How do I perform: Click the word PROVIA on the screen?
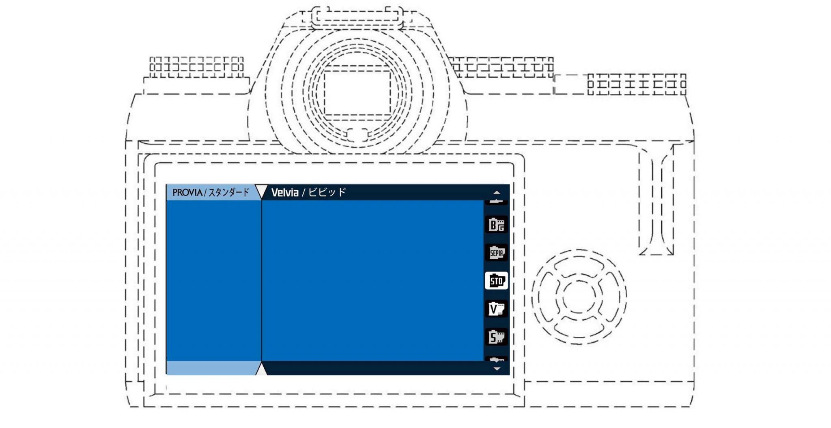pyautogui.click(x=187, y=192)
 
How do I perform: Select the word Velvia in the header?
pyautogui.click(x=285, y=192)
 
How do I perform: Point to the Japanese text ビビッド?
pyautogui.click(x=327, y=192)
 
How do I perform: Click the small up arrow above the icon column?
pyautogui.click(x=497, y=192)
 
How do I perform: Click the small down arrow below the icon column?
pyautogui.click(x=497, y=369)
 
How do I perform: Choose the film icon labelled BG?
pyautogui.click(x=496, y=225)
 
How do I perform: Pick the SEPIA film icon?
pyautogui.click(x=496, y=253)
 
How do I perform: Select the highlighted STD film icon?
pyautogui.click(x=496, y=281)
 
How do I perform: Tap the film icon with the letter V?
pyautogui.click(x=496, y=309)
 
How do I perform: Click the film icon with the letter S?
pyautogui.click(x=496, y=337)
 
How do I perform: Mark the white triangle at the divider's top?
pyautogui.click(x=262, y=191)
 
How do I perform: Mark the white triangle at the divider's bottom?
pyautogui.click(x=262, y=370)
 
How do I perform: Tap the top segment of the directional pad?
pyautogui.click(x=579, y=265)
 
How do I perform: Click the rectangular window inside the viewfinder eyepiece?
pyautogui.click(x=357, y=94)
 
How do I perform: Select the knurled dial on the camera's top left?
pyautogui.click(x=196, y=67)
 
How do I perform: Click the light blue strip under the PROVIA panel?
pyautogui.click(x=213, y=368)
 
